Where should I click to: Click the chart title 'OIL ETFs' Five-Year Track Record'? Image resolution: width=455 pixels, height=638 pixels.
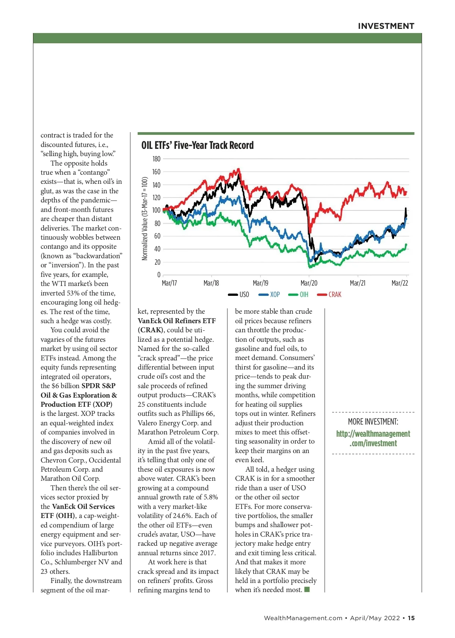click(x=198, y=145)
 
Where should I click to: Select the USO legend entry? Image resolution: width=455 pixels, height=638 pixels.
click(x=239, y=295)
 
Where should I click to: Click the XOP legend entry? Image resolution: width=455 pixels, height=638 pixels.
click(x=270, y=295)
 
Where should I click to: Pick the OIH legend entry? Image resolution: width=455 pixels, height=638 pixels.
click(x=299, y=295)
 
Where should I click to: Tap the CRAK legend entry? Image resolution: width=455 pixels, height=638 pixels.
click(x=329, y=295)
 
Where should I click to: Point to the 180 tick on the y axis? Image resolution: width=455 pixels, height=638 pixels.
click(x=156, y=159)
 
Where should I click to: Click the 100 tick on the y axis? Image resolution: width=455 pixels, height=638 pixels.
click(x=156, y=210)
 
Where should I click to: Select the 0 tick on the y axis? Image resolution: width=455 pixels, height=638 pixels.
click(x=158, y=275)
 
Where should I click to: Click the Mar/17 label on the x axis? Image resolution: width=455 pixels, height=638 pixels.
click(x=169, y=283)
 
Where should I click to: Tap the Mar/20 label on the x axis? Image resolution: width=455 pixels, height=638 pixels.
click(x=309, y=283)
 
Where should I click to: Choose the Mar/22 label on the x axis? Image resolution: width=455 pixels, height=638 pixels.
click(x=400, y=283)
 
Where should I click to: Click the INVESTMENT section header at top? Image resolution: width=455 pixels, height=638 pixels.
click(x=386, y=26)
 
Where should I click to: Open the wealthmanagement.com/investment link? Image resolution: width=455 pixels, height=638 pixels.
click(x=373, y=439)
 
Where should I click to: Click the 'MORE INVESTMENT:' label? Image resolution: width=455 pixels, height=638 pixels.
click(x=373, y=422)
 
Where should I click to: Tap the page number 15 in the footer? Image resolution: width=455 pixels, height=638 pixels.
click(x=411, y=618)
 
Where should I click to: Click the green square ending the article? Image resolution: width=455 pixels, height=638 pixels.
click(x=307, y=589)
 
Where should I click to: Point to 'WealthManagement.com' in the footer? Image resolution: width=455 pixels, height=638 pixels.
click(x=303, y=618)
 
